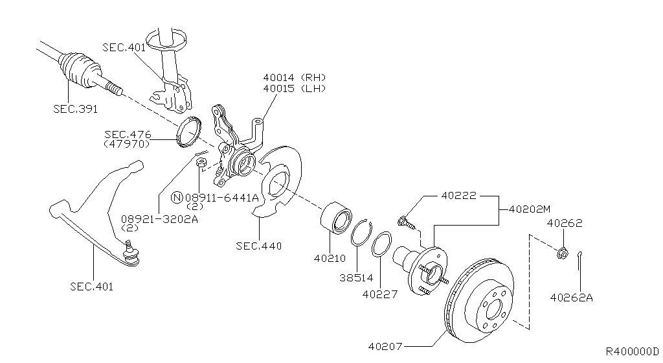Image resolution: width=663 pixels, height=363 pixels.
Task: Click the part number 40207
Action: [x=385, y=347]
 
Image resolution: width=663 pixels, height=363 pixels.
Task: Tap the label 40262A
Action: [x=571, y=298]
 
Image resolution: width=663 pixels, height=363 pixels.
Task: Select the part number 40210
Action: [x=330, y=258]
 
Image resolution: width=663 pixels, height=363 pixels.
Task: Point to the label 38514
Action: [x=357, y=278]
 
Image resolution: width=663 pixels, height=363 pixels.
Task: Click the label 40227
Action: [x=380, y=294]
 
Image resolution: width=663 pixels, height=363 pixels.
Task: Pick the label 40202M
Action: [x=530, y=209]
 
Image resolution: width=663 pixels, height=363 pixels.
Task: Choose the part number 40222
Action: [x=459, y=196]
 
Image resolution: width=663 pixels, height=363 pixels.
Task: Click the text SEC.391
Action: [x=75, y=109]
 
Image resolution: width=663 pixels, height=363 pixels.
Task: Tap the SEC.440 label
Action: [x=259, y=246]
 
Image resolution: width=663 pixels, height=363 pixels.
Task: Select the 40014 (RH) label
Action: [x=295, y=77]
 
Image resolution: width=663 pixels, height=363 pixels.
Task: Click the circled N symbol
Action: [x=177, y=197]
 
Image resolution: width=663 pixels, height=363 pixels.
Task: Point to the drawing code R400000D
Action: [x=633, y=351]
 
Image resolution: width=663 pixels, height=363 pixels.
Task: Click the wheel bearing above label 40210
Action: [x=336, y=218]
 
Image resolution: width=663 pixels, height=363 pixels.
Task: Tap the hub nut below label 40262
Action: [x=562, y=253]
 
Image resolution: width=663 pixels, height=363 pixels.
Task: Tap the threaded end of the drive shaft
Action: [x=115, y=89]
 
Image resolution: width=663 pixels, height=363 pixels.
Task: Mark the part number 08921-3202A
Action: [x=159, y=219]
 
